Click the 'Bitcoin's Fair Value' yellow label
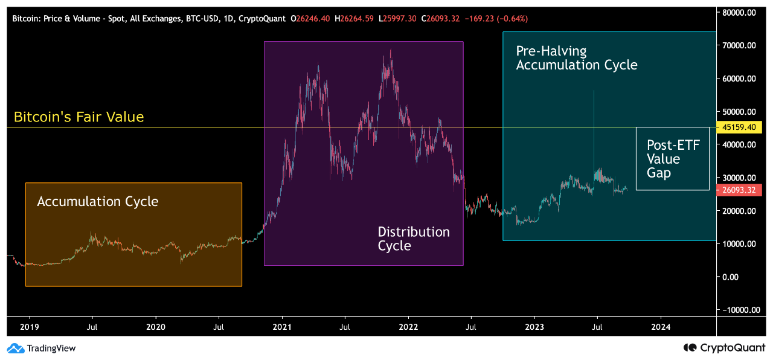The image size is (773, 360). (79, 117)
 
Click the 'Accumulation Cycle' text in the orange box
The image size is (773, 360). (97, 201)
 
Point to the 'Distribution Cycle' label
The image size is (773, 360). (414, 239)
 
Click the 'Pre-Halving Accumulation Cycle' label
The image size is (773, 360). (576, 58)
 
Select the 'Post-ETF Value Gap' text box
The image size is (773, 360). (673, 159)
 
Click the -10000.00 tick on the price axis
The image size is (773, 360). (737, 310)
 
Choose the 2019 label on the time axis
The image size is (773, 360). (29, 327)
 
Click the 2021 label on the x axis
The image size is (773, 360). (282, 327)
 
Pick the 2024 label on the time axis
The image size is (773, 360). (661, 327)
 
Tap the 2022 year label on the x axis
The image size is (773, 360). (408, 327)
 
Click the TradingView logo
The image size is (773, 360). (41, 348)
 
